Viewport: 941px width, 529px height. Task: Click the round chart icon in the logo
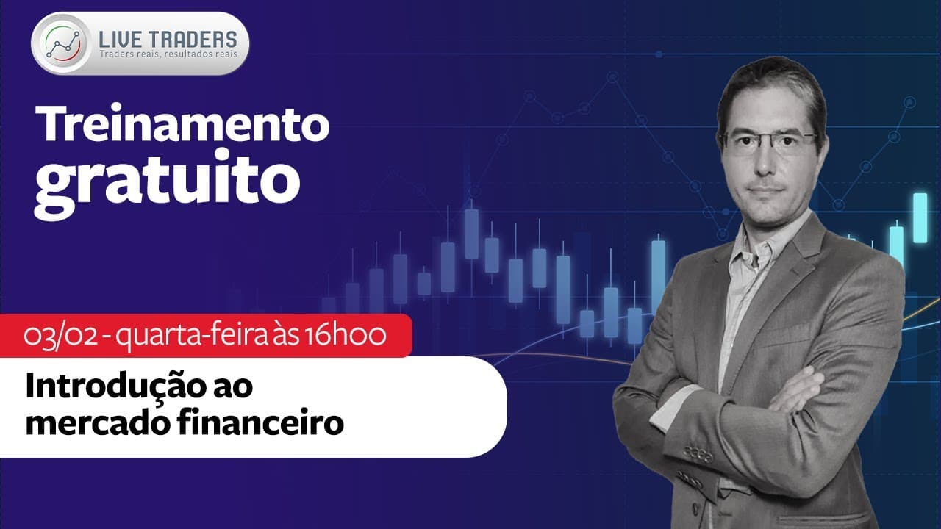click(x=63, y=43)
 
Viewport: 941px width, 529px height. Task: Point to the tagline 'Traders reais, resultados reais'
click(x=168, y=54)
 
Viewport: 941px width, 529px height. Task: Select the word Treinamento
click(x=182, y=123)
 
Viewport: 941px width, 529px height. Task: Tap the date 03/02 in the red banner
click(x=60, y=336)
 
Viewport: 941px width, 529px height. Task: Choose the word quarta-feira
click(x=192, y=337)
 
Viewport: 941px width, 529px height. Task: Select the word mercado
click(x=99, y=422)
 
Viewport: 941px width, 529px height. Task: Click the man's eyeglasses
click(x=770, y=140)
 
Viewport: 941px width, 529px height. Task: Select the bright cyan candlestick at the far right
click(x=920, y=217)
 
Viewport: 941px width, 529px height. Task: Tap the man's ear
click(x=821, y=151)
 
